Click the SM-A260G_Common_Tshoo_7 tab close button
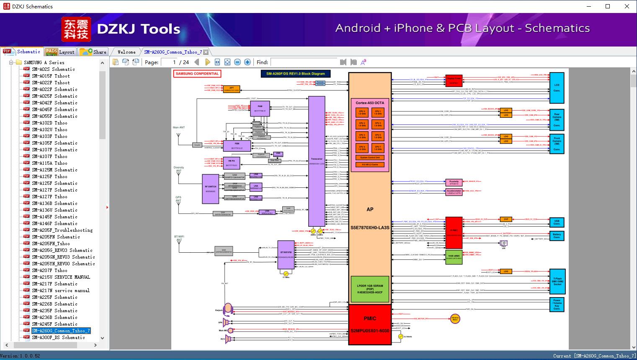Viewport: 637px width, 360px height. [x=206, y=52]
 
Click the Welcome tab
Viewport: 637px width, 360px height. [x=126, y=52]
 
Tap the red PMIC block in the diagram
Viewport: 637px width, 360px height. [x=370, y=324]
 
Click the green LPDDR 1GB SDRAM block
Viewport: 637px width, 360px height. [x=370, y=289]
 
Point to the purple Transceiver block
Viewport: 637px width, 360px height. [x=317, y=161]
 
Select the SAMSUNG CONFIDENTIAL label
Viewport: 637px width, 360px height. [x=197, y=74]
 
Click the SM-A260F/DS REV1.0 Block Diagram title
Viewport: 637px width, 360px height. [x=295, y=74]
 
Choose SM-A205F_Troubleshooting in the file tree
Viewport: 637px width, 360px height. [x=62, y=230]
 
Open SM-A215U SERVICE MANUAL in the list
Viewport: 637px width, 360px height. [x=61, y=277]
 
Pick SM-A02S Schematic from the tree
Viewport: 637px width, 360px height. [x=53, y=69]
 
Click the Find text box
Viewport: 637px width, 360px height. [x=303, y=62]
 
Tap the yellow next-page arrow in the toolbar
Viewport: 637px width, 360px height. [x=207, y=62]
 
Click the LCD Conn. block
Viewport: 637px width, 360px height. [x=557, y=88]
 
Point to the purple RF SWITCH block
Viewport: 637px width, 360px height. [x=210, y=189]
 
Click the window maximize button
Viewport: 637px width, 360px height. [x=608, y=6]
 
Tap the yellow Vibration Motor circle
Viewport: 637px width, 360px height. [x=455, y=319]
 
